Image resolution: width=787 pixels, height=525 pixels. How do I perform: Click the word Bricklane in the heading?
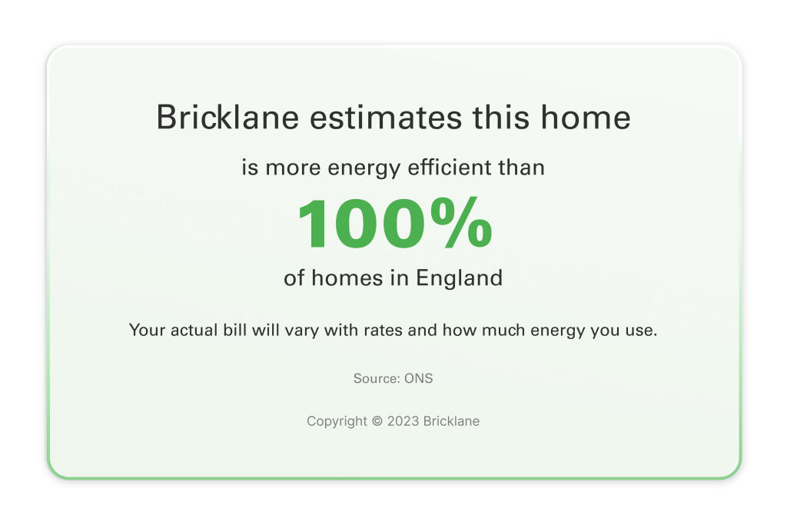coord(227,117)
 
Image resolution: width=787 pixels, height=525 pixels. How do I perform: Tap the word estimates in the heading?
coord(386,118)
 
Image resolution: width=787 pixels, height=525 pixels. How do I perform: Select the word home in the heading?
coord(585,117)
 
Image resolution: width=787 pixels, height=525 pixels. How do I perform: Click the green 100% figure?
coord(394,223)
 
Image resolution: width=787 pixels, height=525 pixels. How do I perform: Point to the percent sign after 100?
coord(461,223)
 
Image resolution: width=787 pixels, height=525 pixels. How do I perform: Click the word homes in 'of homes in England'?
coord(347,277)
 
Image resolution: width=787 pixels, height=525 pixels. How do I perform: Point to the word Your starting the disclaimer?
coord(147,330)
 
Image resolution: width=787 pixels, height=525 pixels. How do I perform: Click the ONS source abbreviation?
coord(419,378)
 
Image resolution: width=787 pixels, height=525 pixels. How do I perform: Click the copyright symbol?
coord(377,421)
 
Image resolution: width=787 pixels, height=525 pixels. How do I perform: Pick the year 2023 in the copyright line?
coord(403,421)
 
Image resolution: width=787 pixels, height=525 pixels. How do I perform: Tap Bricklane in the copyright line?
coord(451,421)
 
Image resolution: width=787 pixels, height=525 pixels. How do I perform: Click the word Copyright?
coord(337,421)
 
